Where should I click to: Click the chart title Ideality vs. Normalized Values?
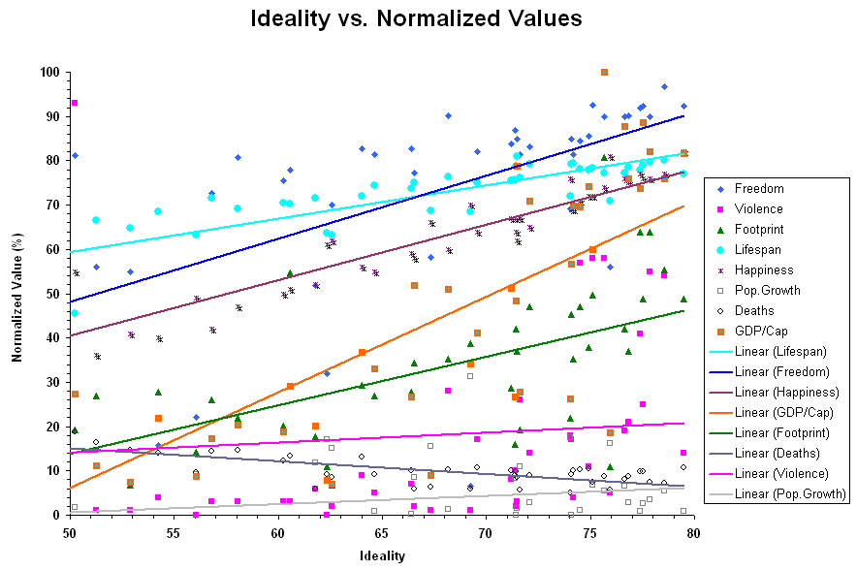point(416,18)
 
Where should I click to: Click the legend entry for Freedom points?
point(759,189)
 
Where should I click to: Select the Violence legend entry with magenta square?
point(759,209)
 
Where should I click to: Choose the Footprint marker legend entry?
point(761,230)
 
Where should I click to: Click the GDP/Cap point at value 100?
point(604,72)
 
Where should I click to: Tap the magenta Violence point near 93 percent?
point(75,103)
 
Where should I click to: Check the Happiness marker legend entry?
point(763,270)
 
